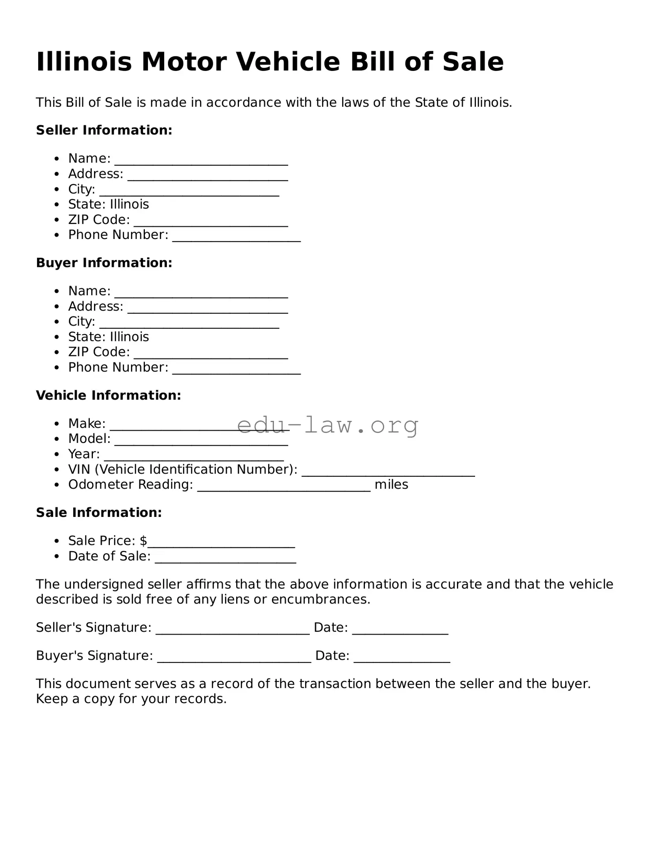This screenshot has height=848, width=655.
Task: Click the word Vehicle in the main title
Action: tap(288, 62)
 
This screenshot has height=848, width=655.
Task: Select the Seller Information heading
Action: tap(104, 130)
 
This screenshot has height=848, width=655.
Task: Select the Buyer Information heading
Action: tap(104, 263)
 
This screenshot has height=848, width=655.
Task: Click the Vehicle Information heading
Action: tap(109, 395)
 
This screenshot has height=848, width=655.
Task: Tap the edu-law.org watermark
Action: tap(328, 425)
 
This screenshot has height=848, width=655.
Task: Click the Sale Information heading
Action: tap(99, 512)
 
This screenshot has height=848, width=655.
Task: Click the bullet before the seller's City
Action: tap(57, 189)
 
